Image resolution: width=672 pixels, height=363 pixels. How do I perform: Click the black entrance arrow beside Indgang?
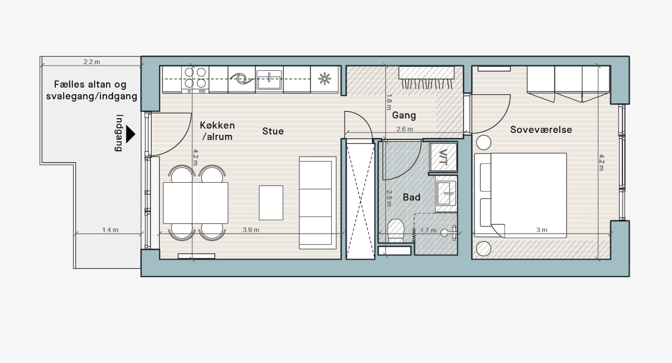coord(130,134)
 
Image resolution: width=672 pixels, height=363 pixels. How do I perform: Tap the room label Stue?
coord(273,131)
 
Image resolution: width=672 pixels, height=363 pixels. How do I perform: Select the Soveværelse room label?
coord(541,130)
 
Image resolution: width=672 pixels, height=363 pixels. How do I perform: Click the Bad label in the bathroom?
coord(411,197)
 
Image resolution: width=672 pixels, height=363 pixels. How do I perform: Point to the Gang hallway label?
coord(404,115)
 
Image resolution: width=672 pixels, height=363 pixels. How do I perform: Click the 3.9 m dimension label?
coord(251,230)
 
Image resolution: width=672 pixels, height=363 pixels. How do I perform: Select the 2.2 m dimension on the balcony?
coord(91,62)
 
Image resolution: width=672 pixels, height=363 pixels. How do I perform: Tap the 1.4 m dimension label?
coord(110,230)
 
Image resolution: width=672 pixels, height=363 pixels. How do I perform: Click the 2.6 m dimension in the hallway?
coord(404,129)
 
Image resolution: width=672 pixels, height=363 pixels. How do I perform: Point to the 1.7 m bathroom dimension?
coord(428,230)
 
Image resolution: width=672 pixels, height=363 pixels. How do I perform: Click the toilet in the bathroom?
coord(396,231)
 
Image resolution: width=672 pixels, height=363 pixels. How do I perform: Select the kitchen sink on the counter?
coord(269,79)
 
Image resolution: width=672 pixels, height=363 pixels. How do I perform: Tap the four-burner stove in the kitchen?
coord(195,79)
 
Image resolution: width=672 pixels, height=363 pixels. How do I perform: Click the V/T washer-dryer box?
coord(443,157)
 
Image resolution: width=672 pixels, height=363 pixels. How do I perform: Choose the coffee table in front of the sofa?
coord(271,203)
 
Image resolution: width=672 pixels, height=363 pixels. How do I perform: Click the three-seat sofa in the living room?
coord(318,203)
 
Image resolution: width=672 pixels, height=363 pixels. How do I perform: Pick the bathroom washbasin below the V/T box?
coord(446,194)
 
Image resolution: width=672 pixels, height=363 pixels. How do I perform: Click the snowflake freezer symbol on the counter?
coord(324,79)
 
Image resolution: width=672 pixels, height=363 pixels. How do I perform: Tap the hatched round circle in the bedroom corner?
coord(484,249)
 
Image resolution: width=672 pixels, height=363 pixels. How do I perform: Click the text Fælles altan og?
coord(90,85)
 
